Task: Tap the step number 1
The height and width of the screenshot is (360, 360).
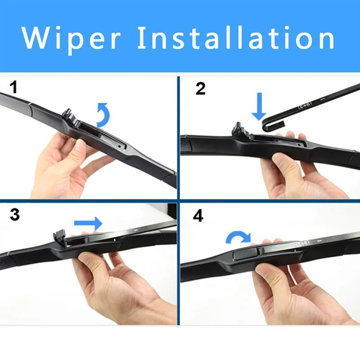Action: click(14, 87)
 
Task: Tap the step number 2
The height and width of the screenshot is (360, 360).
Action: click(200, 88)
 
